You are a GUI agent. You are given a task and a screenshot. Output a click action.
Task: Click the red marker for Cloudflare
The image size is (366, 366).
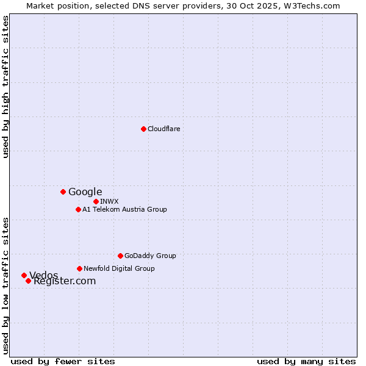coord(143,129)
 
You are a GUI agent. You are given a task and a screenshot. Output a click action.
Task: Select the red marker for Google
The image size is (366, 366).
coord(63,192)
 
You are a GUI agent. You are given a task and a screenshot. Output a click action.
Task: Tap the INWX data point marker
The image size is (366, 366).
coord(96,201)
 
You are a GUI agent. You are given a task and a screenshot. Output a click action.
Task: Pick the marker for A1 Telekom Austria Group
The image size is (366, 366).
coord(78,209)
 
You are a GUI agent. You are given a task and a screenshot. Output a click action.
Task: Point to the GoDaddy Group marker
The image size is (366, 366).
coord(120,256)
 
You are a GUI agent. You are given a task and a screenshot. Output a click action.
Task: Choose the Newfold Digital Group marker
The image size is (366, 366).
coord(79,268)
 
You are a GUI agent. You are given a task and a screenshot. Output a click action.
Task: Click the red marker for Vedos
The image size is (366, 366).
coord(24,275)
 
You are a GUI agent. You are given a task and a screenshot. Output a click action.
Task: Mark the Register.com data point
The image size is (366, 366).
coord(28,281)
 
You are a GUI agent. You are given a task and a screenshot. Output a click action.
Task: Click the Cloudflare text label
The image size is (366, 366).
coord(164,129)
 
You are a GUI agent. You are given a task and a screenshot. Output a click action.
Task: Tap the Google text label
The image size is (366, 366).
coord(85,192)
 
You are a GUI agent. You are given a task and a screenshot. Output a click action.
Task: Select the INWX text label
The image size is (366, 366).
coord(110,201)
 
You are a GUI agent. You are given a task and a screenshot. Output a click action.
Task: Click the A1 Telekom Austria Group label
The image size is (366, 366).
coord(125,209)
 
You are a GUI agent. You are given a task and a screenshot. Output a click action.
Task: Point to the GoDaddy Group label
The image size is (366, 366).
coord(150,256)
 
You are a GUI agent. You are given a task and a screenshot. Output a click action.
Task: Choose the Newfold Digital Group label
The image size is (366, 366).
coord(120,268)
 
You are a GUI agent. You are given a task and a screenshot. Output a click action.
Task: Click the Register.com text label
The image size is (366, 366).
coord(65,281)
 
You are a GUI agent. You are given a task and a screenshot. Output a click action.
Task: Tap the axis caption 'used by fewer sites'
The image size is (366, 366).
coord(63,361)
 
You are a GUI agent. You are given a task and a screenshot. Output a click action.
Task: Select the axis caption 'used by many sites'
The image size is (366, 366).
coord(306,361)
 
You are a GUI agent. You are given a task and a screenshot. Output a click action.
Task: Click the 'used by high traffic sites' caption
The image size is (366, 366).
coord(6,87)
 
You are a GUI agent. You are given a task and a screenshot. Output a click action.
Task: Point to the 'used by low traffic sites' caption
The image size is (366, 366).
coord(6,285)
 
